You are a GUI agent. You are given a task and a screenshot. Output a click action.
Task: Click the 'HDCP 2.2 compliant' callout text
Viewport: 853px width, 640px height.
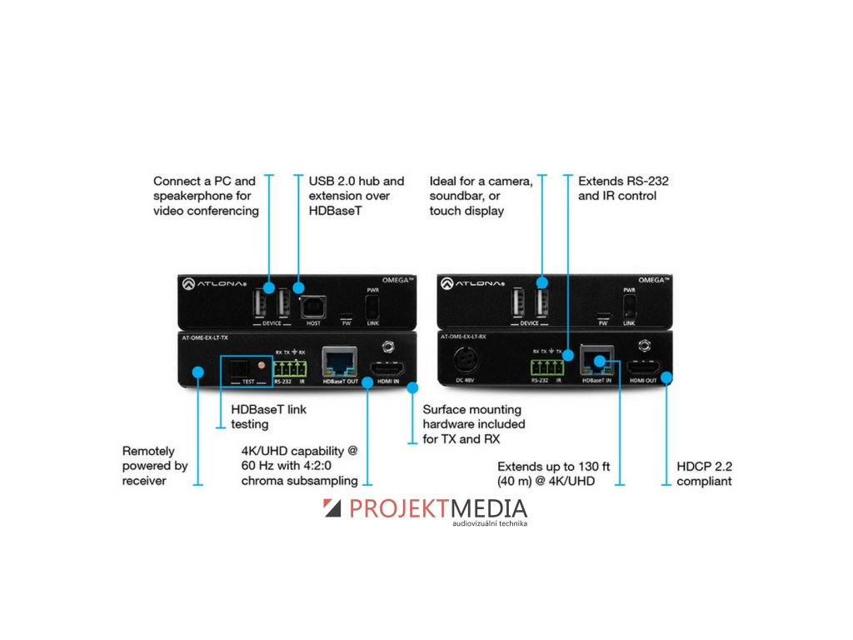point(705,473)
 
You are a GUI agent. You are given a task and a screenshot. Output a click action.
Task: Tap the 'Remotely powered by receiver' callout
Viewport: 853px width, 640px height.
point(155,465)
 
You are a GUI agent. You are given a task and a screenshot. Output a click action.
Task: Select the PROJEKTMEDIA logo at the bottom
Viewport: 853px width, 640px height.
point(425,510)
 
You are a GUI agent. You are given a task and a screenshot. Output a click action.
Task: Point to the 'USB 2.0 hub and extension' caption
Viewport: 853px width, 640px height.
point(357,196)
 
